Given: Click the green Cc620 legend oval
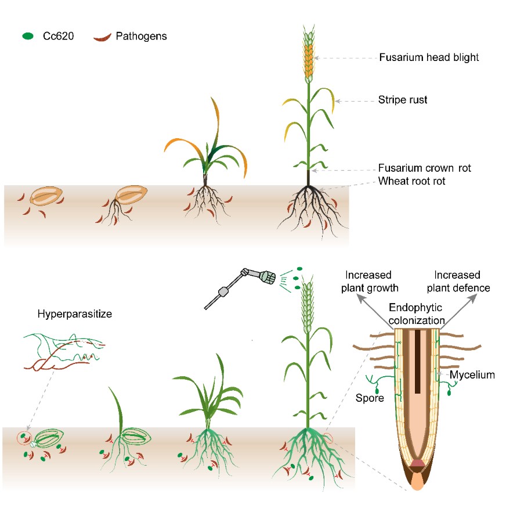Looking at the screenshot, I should tap(27, 36).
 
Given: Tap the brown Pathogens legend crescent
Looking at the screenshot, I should tap(102, 38).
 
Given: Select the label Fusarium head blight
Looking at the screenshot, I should tap(429, 57).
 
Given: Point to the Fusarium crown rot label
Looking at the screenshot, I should tap(424, 168).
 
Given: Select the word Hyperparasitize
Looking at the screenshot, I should tap(74, 314).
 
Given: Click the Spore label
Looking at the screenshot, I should tap(369, 398).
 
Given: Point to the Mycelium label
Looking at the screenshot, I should tap(472, 375).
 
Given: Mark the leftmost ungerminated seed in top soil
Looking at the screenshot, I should tap(45, 197).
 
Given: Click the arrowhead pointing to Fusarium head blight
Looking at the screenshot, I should tap(317, 58).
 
